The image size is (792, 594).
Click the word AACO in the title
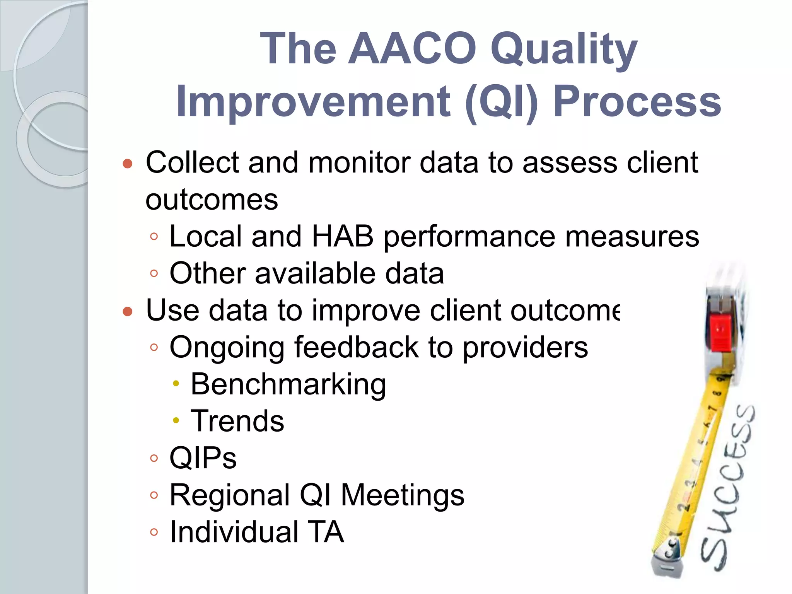tap(412, 49)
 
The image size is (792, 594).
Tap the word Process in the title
tap(637, 101)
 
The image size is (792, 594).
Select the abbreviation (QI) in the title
tap(502, 102)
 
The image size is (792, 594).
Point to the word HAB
tap(342, 236)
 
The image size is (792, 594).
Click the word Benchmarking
tap(288, 384)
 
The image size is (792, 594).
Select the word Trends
tap(237, 421)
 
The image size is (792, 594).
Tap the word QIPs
tap(203, 458)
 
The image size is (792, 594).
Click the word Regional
tap(230, 495)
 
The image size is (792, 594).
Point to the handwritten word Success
tap(727, 487)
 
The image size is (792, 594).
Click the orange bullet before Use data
tap(128, 311)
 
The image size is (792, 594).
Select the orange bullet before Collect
tap(128, 164)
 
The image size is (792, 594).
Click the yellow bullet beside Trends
tap(176, 420)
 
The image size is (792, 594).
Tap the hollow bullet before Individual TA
tap(154, 532)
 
